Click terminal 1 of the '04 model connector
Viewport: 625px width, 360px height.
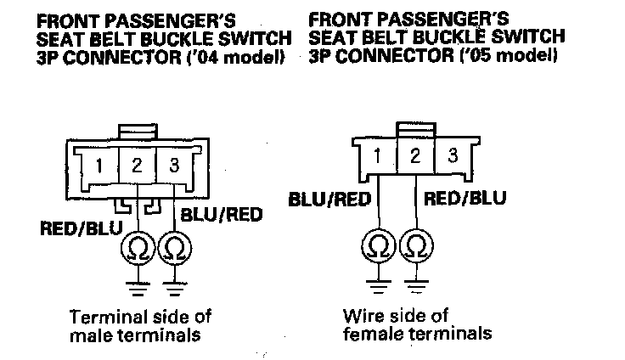pos(101,166)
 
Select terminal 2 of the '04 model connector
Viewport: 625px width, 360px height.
pos(138,166)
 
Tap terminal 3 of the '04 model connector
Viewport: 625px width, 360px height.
pos(175,166)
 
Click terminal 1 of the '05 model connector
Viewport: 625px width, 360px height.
pos(377,155)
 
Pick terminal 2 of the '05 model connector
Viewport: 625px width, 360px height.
pos(415,155)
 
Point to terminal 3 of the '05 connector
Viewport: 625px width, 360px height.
pos(453,155)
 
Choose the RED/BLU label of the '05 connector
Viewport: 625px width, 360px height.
pos(465,200)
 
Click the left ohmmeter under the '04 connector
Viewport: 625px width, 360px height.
pos(137,248)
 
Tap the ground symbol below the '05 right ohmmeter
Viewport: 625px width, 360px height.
pos(415,282)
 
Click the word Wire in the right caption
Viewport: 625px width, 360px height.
pos(360,315)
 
